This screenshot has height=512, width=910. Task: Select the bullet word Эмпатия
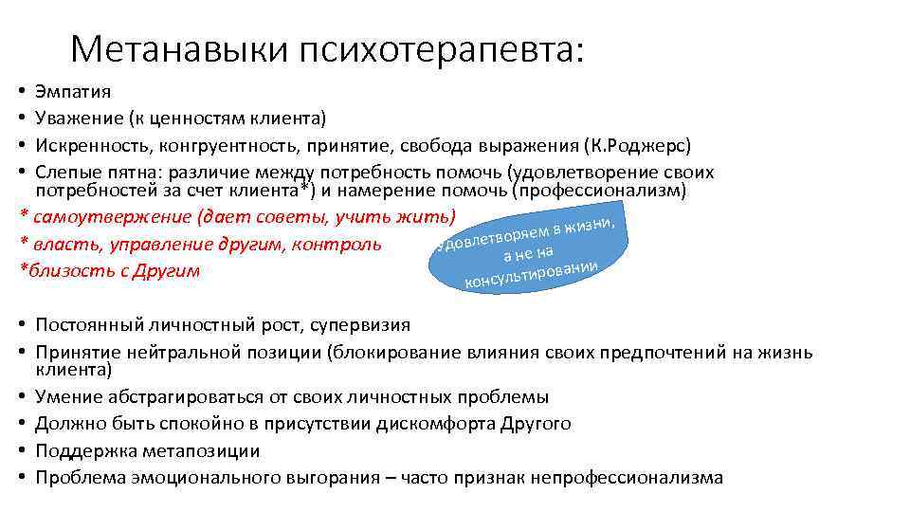point(73,93)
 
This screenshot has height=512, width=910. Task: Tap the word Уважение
point(76,119)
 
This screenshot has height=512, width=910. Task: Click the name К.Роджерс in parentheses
point(650,146)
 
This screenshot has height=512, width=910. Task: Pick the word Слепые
point(64,173)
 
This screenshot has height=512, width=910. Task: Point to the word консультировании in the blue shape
point(530,273)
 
